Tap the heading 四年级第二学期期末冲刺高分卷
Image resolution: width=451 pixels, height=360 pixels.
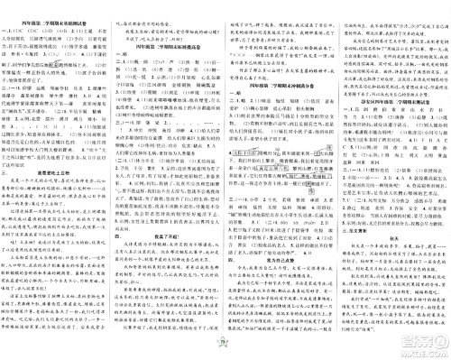pos(281,89)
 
